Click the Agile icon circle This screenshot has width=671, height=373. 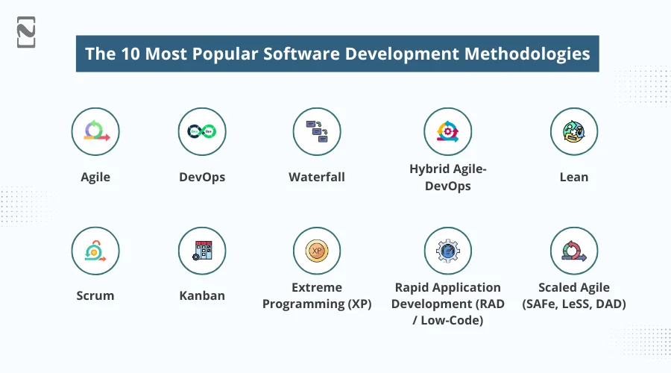(95, 131)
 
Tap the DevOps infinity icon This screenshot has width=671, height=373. (202, 131)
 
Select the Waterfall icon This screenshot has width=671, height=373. (317, 131)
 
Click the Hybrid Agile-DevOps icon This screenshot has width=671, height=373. (448, 131)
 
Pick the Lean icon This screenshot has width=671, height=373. (574, 131)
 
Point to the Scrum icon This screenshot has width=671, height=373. (95, 251)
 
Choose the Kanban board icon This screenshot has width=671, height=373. (202, 251)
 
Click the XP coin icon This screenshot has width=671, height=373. (317, 251)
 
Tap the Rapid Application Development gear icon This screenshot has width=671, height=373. (448, 251)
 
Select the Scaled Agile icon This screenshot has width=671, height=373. (574, 251)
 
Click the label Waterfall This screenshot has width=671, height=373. (317, 178)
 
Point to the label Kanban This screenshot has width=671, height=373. (202, 295)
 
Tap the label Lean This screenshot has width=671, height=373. (574, 178)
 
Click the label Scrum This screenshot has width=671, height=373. (95, 295)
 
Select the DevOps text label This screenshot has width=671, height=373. (202, 178)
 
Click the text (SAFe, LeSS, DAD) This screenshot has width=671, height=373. (574, 304)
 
